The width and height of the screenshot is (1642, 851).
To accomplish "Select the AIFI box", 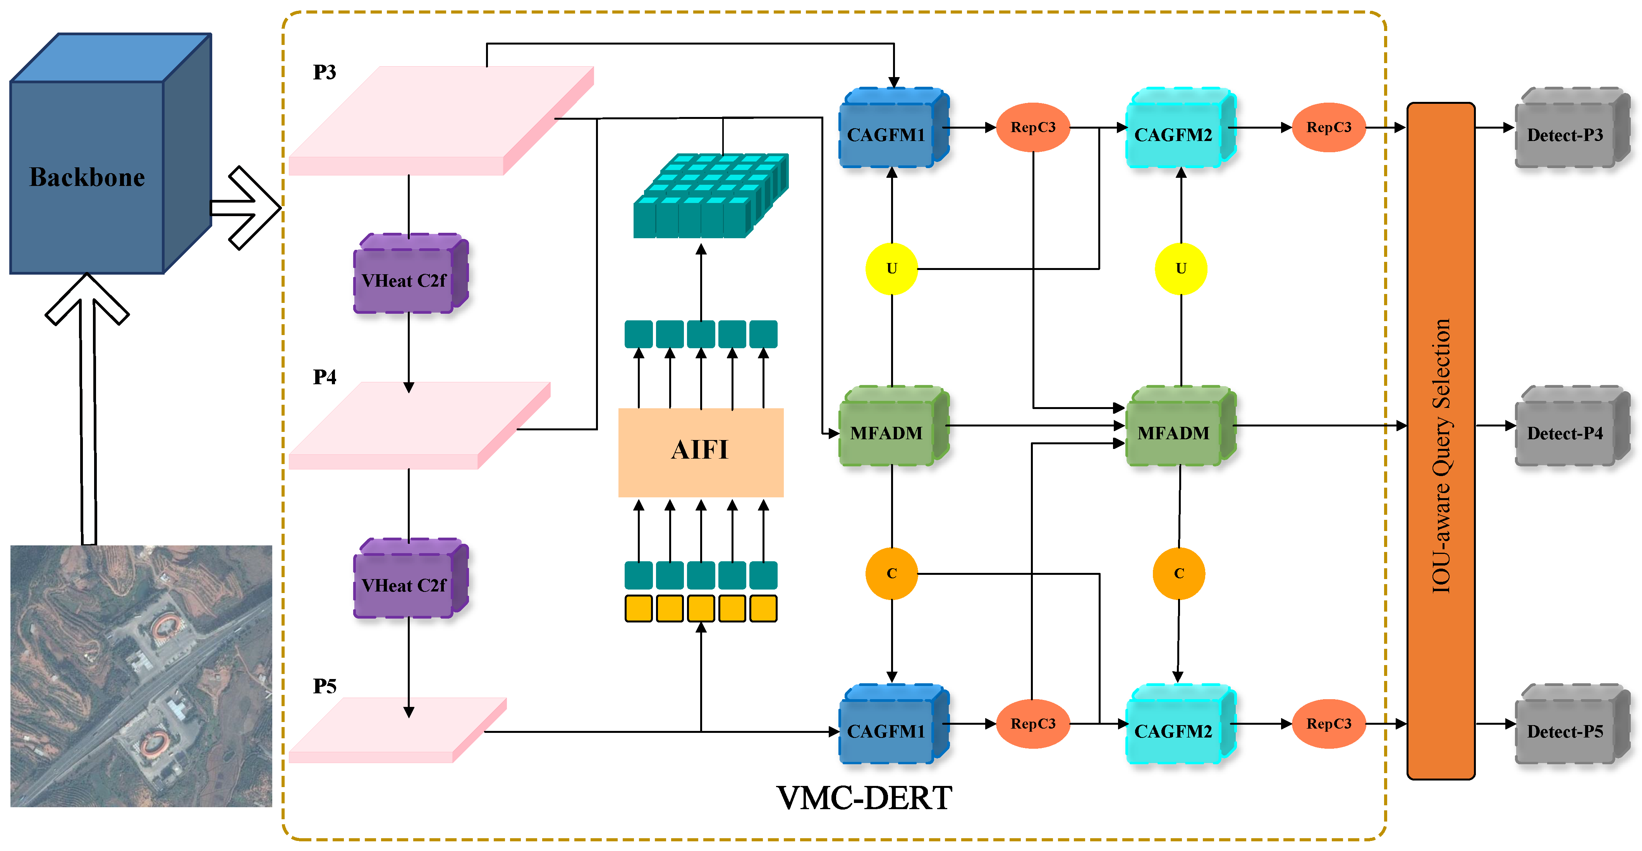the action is pos(701,452).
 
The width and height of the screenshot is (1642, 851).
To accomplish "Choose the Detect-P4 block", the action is pos(1571,426).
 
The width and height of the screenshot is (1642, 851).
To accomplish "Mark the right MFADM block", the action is pos(1180,426).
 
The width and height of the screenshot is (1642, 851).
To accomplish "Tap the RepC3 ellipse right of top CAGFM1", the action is pos(1032,127).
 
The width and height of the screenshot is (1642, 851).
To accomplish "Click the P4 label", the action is pos(325,377).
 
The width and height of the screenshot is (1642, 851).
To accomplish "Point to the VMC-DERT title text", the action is pos(864,798).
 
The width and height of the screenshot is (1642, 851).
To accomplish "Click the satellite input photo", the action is pos(141,676).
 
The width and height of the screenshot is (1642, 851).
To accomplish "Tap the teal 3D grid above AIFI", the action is pos(711,196).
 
